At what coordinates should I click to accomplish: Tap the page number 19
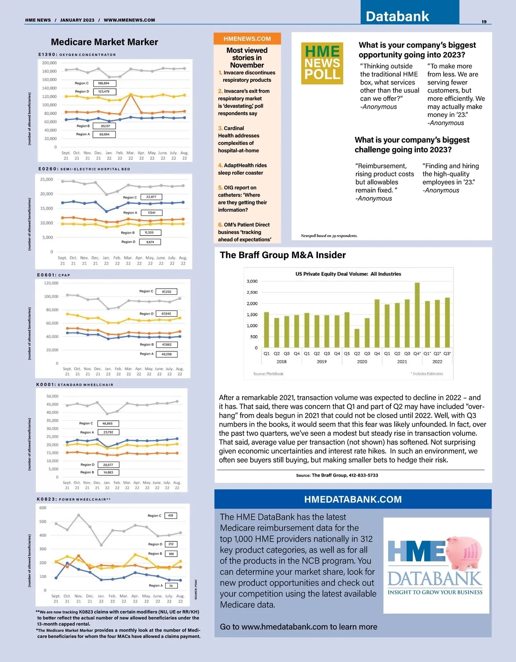click(484, 22)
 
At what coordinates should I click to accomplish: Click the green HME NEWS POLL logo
click(322, 63)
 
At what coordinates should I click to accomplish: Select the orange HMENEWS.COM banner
click(247, 39)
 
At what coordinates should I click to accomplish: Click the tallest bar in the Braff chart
click(417, 315)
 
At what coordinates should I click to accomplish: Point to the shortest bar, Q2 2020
click(357, 338)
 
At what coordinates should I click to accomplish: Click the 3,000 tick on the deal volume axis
click(252, 281)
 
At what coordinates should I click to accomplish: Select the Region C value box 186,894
click(104, 83)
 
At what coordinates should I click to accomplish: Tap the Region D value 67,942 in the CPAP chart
click(166, 314)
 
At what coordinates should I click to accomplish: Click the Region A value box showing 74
click(171, 585)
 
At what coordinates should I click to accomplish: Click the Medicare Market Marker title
click(104, 42)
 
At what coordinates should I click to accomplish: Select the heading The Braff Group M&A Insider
click(283, 255)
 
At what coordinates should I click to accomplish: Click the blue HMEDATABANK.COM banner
click(353, 499)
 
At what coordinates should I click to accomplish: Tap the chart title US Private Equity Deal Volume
click(348, 274)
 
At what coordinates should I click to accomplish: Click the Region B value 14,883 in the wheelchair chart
click(108, 472)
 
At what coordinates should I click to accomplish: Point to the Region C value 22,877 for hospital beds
click(151, 197)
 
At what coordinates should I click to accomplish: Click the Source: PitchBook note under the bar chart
click(268, 374)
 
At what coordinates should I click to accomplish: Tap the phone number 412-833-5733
click(363, 475)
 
